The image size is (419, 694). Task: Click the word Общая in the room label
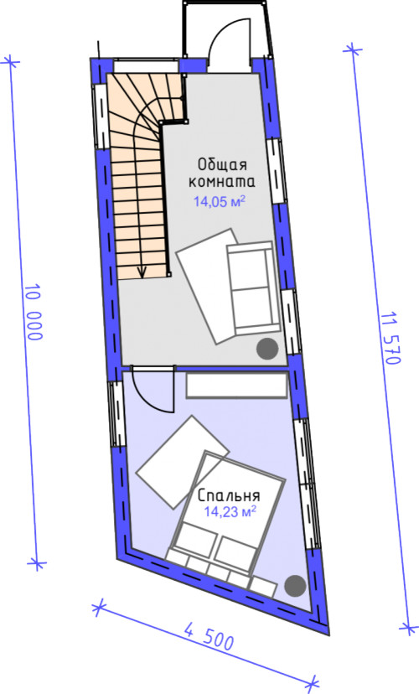pos(222,164)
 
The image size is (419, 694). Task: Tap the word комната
pos(222,182)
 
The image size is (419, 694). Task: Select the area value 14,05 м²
pos(219,202)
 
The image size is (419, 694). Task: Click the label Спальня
pos(229,495)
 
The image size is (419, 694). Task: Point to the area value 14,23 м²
pos(230,512)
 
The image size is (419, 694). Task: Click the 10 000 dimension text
pos(34,313)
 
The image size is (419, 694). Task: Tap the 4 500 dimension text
pos(209,635)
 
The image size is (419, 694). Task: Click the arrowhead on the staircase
pos(142,272)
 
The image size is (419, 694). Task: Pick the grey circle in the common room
pos(267,349)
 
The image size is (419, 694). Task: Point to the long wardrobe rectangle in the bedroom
pos(236,385)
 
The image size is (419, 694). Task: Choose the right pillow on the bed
pos(235,553)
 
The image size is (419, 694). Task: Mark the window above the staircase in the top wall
pos(147,65)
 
